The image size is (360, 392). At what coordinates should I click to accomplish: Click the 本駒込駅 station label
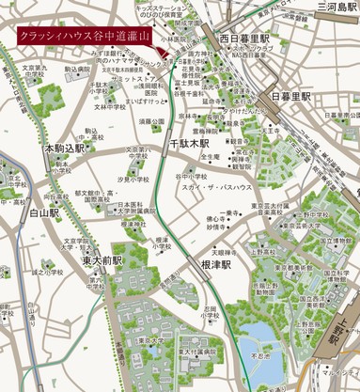click(63, 149)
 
